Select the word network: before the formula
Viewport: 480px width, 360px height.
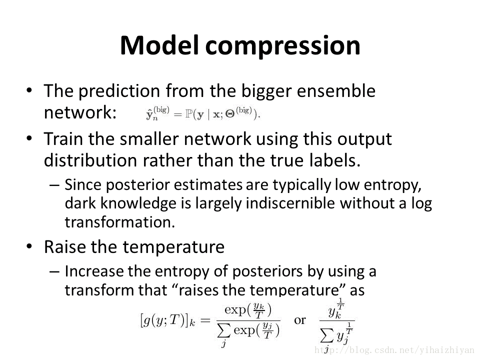[x=80, y=112]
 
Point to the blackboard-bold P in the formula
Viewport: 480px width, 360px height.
[x=187, y=114]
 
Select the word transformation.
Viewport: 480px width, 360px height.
[x=120, y=222]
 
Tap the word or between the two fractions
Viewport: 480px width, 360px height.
[x=300, y=320]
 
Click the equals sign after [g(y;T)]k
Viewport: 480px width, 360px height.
[x=205, y=320]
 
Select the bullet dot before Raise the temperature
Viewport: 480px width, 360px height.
[x=29, y=246]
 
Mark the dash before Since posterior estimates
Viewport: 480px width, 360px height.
[x=54, y=185]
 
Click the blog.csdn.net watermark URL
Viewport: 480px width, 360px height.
[x=394, y=350]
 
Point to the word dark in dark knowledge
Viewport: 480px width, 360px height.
[x=80, y=203]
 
